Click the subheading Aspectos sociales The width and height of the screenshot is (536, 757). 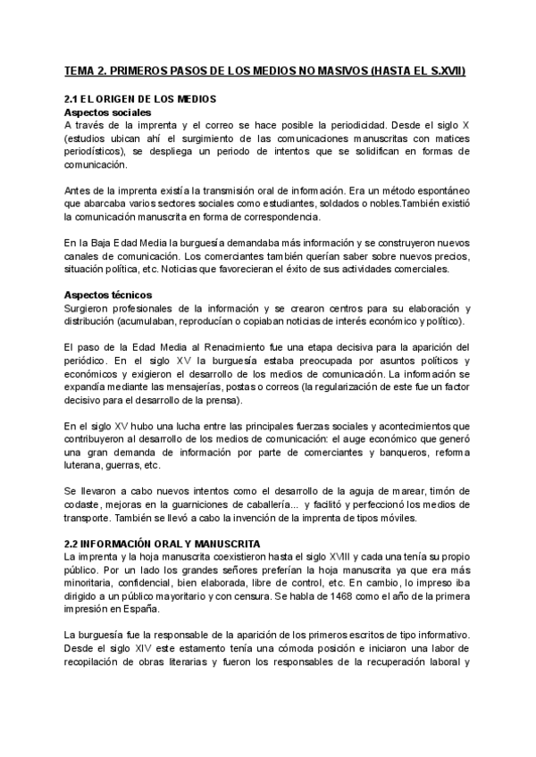pyautogui.click(x=107, y=113)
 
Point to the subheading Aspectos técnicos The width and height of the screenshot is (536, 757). pyautogui.click(x=108, y=295)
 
